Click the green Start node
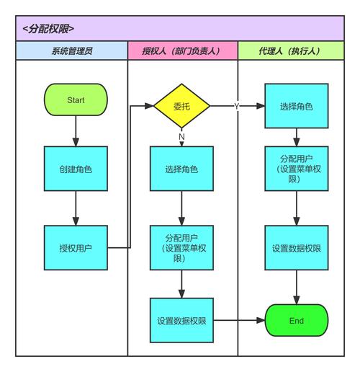75,99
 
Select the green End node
297,320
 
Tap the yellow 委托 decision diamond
181,106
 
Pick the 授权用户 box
75,247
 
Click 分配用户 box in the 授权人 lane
181,247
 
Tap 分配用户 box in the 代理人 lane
297,169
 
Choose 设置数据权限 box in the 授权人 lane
181,320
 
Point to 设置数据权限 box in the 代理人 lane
297,247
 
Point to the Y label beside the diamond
236,106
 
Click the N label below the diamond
181,136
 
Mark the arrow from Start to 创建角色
75,131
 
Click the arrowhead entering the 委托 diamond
150,106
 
